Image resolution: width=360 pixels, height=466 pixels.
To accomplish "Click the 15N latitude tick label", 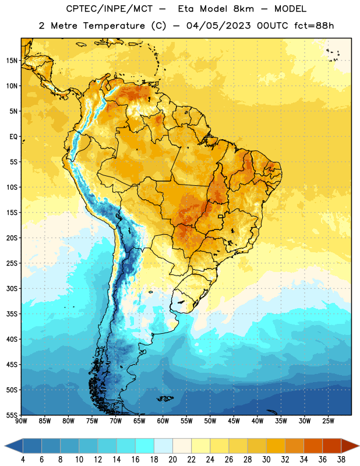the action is pos(12,61).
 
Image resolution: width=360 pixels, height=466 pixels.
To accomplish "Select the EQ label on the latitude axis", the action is pos(13,137).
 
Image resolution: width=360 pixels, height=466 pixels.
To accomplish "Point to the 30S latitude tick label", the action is pos(12,289).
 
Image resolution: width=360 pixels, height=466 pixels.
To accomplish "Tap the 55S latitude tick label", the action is pos(12,415).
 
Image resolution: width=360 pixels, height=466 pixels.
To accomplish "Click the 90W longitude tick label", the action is pos(21,421).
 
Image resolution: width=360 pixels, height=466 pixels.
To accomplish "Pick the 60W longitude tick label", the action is pos(163,421).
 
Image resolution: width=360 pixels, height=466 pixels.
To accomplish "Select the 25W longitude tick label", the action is pos(328,421).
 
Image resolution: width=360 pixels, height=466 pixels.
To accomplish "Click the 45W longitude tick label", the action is pos(234,421).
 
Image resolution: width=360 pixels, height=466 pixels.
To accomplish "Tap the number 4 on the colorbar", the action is pos(23,460).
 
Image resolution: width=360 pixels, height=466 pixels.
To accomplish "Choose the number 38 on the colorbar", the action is pos(341,460).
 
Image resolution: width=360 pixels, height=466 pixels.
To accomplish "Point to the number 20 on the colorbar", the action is pos(172,460).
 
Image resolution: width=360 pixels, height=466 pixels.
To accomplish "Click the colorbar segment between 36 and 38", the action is pos(332,446).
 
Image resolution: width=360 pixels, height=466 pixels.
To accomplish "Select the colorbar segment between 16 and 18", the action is pos(145,446).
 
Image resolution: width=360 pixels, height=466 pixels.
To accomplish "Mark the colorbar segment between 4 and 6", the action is pos(33,446).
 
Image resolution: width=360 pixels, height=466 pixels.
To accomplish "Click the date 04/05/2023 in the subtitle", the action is pos(218,26).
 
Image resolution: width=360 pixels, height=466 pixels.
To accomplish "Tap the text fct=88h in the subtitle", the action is pos(314,26).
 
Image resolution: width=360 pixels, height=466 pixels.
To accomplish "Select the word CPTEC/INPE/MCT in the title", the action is pos(110,9).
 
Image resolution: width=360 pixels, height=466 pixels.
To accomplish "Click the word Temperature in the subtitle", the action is pos(114,26).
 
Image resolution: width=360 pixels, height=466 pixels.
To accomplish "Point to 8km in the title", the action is pos(243,9).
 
